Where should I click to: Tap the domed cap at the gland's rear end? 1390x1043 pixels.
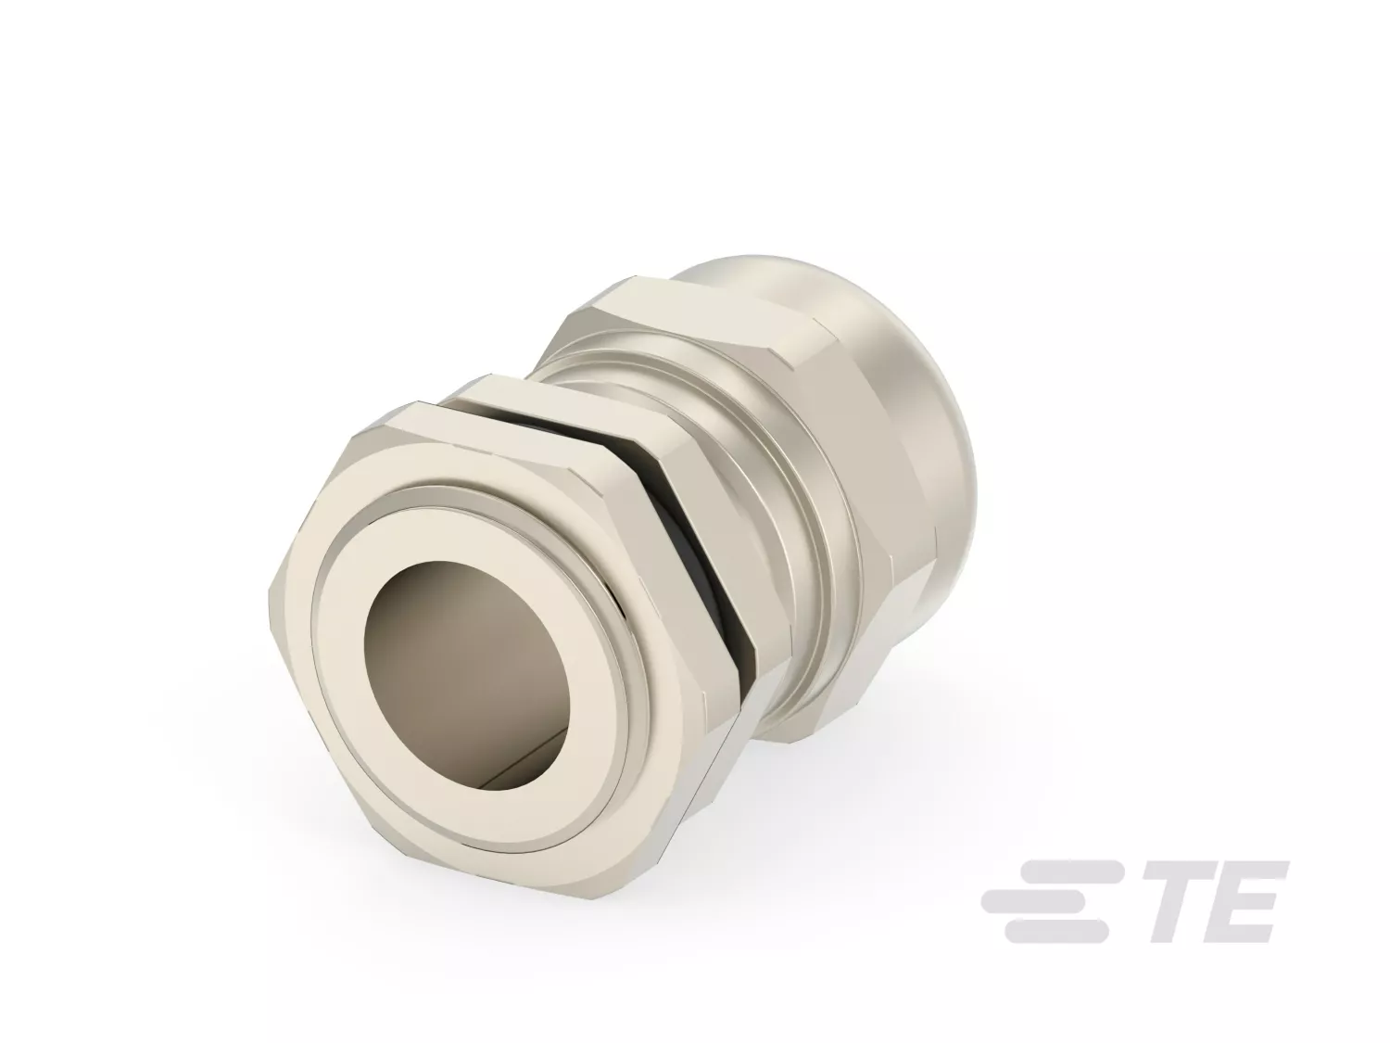pos(887,355)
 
